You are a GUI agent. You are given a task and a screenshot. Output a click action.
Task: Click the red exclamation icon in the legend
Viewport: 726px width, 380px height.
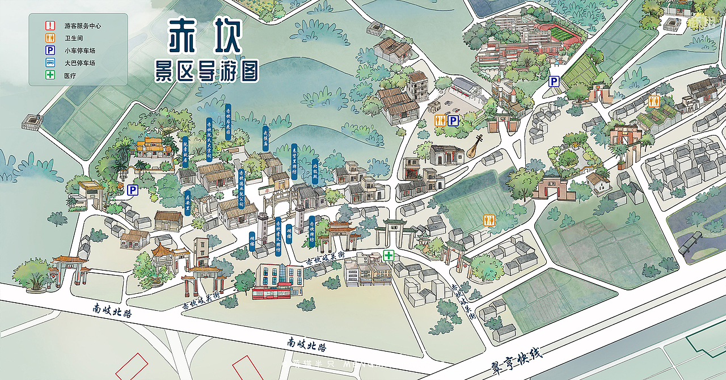[x=50, y=26]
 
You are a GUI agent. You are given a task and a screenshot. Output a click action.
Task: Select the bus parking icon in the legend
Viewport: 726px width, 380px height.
[x=50, y=63]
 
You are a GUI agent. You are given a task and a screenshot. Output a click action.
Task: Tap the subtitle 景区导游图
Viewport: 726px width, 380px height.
[x=207, y=71]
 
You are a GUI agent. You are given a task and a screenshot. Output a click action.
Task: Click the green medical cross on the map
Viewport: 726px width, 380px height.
[x=389, y=255]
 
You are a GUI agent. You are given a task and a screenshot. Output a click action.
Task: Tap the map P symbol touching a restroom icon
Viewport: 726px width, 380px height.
[x=453, y=121]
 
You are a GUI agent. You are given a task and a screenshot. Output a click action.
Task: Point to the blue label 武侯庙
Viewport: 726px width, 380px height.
[x=264, y=140]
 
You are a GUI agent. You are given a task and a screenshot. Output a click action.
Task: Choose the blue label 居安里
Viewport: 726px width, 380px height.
[x=187, y=203]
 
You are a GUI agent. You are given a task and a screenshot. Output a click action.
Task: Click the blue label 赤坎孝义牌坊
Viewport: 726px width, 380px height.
[x=278, y=236]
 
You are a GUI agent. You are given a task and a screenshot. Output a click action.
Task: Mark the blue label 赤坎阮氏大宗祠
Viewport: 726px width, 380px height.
[x=209, y=138]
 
